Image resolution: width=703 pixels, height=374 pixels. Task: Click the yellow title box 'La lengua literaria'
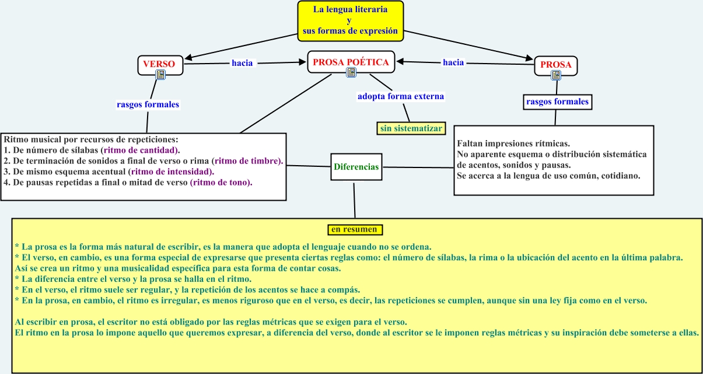coord(350,21)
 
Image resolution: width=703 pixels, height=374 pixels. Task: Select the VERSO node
coord(160,63)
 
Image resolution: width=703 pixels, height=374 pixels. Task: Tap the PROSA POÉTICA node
coord(351,61)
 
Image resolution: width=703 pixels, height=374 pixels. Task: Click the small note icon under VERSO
coord(160,74)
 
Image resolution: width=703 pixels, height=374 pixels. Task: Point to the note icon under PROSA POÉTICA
coord(351,72)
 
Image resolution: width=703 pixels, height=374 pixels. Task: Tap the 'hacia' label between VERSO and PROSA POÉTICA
coord(242,63)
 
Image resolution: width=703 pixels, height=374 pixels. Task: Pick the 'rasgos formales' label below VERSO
coord(148,105)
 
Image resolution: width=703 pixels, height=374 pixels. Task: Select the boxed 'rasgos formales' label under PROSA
coord(557,102)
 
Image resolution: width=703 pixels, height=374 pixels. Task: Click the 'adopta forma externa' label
coord(401,96)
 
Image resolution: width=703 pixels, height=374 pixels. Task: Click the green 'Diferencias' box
coord(356,167)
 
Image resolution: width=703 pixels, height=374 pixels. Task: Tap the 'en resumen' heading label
coord(354,229)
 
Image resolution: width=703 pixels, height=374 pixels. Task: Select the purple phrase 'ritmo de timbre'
coord(247,161)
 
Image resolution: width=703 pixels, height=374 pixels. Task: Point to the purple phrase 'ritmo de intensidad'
coord(172,172)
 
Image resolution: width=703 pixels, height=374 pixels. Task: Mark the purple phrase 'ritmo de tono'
coord(221,182)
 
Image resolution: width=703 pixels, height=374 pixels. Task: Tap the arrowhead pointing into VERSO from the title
coord(188,58)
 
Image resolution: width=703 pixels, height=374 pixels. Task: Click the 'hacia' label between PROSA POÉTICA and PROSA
coord(453,62)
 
